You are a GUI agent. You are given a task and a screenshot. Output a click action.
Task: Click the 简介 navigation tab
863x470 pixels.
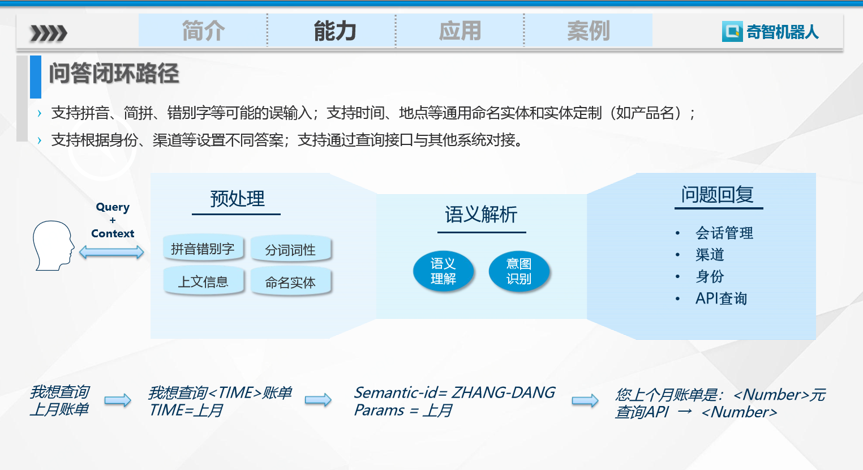pos(203,31)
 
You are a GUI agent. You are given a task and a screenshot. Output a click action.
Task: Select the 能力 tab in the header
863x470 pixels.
pos(335,31)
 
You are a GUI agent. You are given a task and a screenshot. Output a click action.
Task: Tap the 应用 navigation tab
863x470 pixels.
pos(460,31)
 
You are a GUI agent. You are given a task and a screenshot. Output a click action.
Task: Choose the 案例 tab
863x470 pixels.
pos(589,31)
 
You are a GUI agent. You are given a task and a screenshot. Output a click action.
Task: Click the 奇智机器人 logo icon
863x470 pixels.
pos(732,31)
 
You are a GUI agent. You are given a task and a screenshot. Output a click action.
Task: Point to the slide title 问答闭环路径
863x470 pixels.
pos(114,73)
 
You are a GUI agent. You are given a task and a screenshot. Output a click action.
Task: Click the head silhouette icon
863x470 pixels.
pos(53,246)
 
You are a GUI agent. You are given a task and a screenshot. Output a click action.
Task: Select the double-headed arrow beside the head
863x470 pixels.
pos(111,253)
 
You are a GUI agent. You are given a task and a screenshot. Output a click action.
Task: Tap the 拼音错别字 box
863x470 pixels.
pos(203,249)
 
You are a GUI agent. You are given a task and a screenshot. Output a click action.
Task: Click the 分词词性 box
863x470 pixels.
pos(290,250)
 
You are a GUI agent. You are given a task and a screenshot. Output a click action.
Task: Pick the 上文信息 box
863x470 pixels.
pos(203,281)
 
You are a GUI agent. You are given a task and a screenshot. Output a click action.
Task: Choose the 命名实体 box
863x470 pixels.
pos(290,282)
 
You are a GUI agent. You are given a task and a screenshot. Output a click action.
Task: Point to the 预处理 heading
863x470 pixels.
pos(237,199)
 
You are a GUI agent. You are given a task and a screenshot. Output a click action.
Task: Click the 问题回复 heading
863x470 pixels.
pos(718,194)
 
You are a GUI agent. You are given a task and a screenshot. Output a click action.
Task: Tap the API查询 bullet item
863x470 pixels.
pos(721,298)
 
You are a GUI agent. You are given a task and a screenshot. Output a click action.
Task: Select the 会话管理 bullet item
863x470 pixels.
pos(724,233)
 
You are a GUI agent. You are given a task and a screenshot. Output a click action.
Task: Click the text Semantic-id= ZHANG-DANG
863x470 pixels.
pos(454,392)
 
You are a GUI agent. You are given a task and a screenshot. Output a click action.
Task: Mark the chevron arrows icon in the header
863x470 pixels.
pos(49,33)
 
